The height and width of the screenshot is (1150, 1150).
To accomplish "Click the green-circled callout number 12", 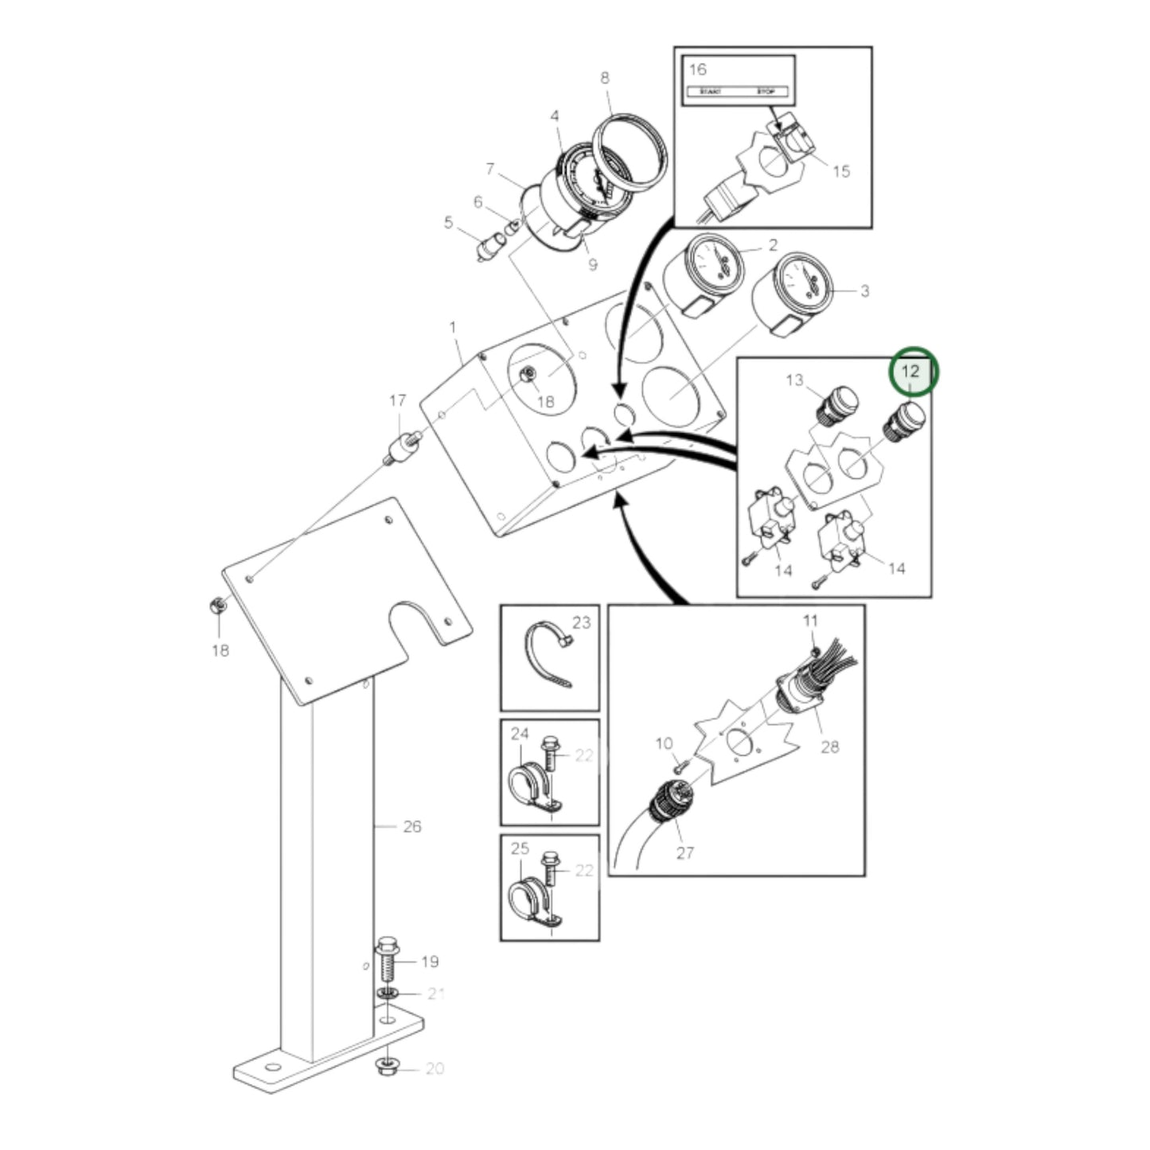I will (x=910, y=372).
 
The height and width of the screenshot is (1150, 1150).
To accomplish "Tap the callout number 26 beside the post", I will (x=411, y=827).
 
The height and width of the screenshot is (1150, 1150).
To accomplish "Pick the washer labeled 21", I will (x=387, y=995).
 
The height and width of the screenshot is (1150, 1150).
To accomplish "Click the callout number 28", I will (x=829, y=747).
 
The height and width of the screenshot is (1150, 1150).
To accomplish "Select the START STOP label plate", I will (x=737, y=92).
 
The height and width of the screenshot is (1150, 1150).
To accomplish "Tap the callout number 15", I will (x=841, y=171).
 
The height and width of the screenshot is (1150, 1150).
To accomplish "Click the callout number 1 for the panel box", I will (x=453, y=328).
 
